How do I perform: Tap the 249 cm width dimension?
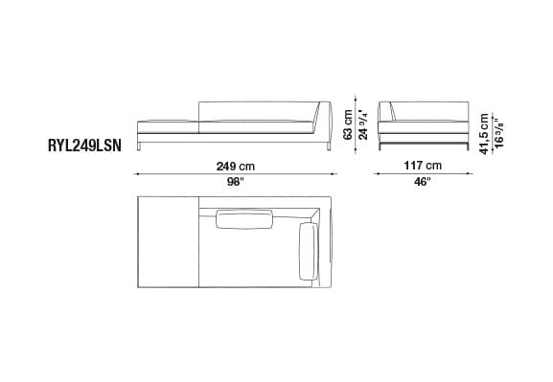pos(235,164)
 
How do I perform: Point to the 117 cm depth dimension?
pos(423,164)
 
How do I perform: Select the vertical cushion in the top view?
pos(310,252)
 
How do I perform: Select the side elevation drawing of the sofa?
pos(423,123)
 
